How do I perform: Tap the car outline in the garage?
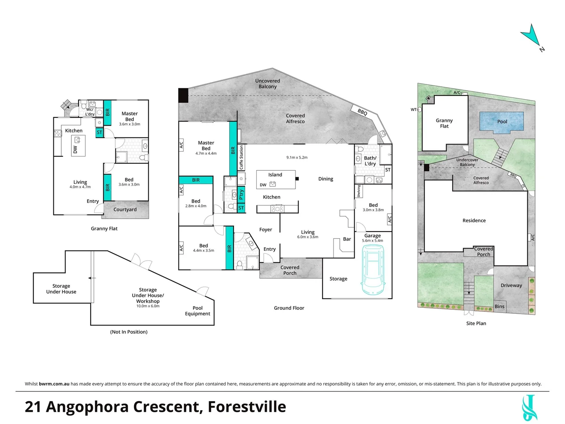point(373,270)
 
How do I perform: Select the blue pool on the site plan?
point(501,122)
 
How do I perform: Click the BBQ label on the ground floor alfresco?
point(362,112)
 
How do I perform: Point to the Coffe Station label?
point(241,157)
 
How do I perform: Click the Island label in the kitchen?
point(275,175)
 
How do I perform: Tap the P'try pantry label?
point(241,195)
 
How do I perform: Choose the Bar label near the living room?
point(347,239)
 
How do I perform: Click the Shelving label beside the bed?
point(359,191)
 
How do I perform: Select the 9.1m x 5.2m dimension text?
point(297,157)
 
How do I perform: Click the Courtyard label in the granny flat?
point(125,209)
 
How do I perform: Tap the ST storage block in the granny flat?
point(99,132)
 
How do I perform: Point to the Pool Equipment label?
point(197,311)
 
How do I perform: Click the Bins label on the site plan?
point(499,306)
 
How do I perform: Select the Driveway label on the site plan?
point(511,285)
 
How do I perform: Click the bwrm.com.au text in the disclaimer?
point(54,384)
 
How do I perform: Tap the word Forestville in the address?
point(246,407)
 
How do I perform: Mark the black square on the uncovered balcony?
point(183,95)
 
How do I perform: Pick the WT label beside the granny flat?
point(414,110)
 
